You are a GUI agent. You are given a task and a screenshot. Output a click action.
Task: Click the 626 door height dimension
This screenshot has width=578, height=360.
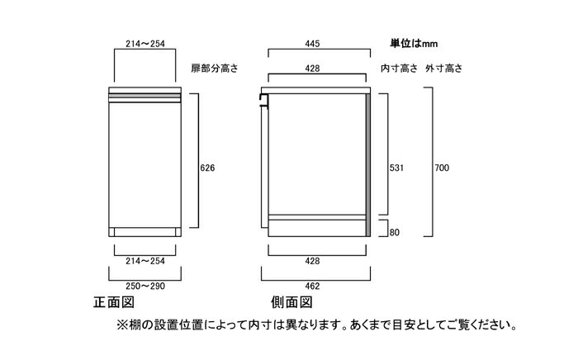[x=207, y=168]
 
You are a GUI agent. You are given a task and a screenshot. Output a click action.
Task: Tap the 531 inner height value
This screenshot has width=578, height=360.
[x=396, y=168]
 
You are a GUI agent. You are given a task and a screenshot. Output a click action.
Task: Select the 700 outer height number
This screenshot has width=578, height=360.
[x=442, y=168]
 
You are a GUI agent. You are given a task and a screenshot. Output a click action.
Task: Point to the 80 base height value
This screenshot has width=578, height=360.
[x=395, y=233]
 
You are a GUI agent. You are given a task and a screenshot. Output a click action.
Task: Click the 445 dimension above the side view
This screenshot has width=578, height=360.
[x=312, y=44]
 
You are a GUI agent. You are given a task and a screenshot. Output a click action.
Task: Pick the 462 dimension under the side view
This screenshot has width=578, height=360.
[x=312, y=286]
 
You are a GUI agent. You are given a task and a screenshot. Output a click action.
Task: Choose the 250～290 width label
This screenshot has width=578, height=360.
[x=145, y=286]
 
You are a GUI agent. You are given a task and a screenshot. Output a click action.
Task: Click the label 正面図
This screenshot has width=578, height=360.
[x=114, y=302]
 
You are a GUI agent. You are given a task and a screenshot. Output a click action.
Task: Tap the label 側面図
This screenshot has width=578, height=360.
[x=291, y=302]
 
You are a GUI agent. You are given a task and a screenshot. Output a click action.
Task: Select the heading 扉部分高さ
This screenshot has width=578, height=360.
[x=215, y=69]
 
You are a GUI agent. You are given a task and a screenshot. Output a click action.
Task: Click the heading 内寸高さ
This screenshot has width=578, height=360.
[x=399, y=69]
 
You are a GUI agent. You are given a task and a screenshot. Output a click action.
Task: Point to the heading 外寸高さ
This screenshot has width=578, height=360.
[x=444, y=69]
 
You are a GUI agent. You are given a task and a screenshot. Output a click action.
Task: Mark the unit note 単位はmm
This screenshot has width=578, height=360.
[x=414, y=44]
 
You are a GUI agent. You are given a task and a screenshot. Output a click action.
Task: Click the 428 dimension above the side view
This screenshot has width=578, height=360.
[x=312, y=69]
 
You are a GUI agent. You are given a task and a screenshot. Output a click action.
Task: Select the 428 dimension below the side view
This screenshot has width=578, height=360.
[x=312, y=261]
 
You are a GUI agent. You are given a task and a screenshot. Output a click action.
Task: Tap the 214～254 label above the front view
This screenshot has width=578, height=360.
[x=145, y=44]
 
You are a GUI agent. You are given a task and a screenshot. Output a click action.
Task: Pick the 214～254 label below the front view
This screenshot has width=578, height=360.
[x=145, y=261]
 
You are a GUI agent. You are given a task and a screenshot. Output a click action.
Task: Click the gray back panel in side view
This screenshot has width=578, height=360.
[x=368, y=164]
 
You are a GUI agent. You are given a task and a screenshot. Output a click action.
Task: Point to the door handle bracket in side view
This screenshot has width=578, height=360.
[x=263, y=100]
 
